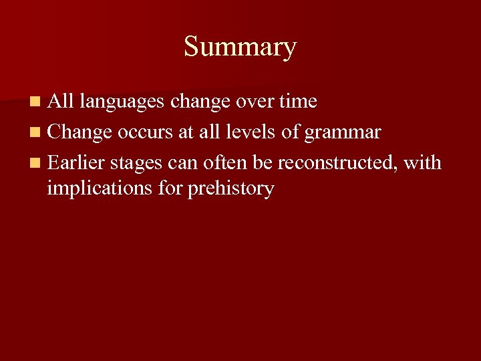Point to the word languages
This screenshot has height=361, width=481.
(x=122, y=102)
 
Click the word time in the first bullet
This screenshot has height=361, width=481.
(x=297, y=102)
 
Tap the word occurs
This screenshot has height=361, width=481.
(x=145, y=132)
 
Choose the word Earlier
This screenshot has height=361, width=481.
(x=76, y=162)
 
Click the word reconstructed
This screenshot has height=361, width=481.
(x=337, y=162)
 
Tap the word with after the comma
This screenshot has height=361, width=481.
(x=423, y=162)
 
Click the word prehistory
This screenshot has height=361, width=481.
(x=230, y=189)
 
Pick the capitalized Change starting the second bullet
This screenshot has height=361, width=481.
(x=79, y=132)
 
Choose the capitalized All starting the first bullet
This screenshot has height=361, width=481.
(x=61, y=102)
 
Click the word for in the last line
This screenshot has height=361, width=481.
(x=172, y=189)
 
